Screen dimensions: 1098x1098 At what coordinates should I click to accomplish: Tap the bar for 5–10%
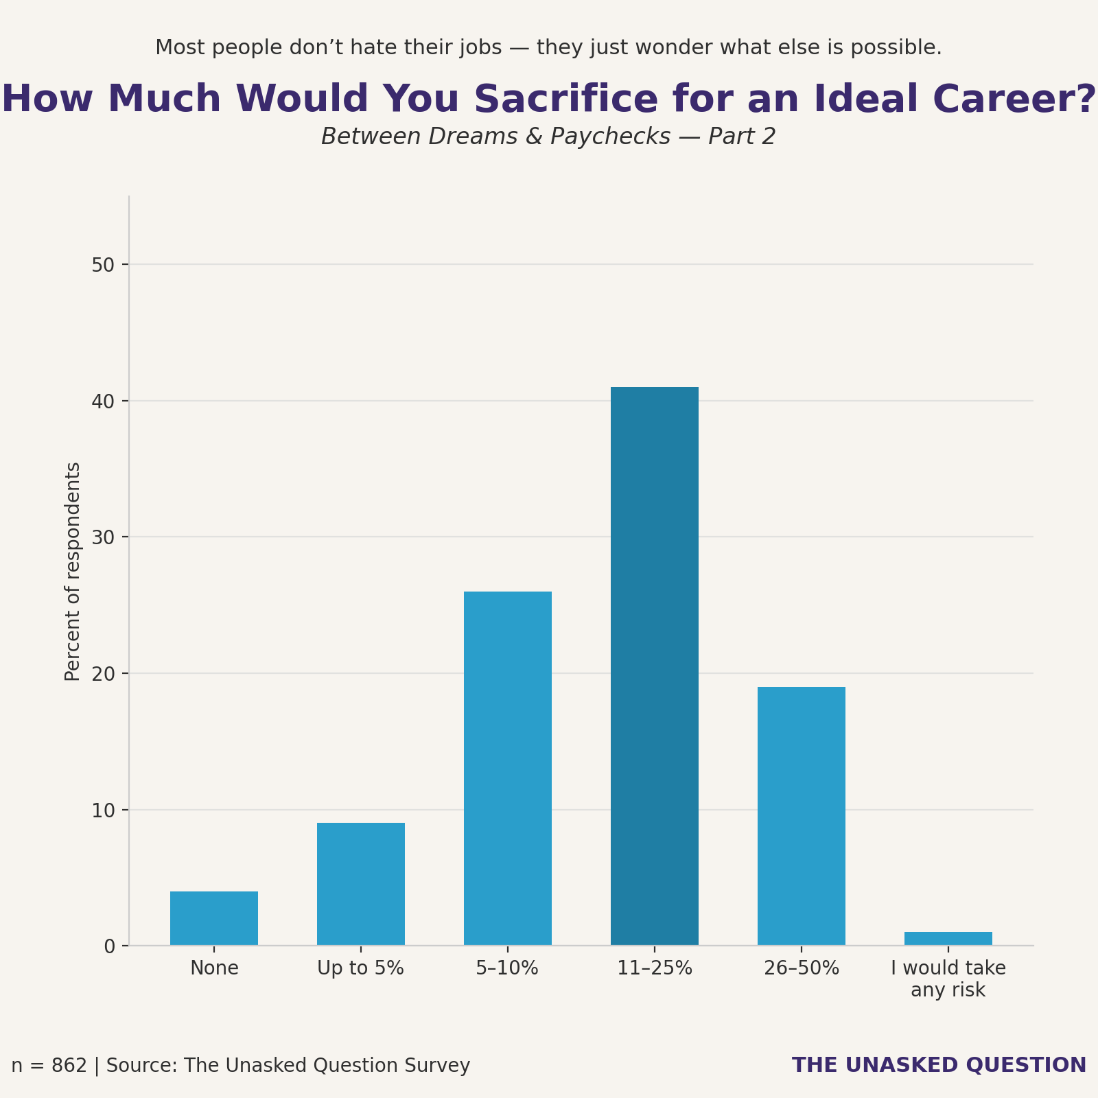pyautogui.click(x=508, y=769)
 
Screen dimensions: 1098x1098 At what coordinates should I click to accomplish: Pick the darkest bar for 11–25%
pyautogui.click(x=655, y=666)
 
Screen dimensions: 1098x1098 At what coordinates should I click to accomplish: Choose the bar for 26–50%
pyautogui.click(x=802, y=817)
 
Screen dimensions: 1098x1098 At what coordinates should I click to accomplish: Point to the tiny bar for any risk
pyautogui.click(x=948, y=938)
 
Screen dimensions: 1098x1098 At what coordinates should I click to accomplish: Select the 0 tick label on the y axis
pyautogui.click(x=110, y=946)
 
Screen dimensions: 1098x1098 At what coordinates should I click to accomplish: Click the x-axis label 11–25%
pyautogui.click(x=655, y=968)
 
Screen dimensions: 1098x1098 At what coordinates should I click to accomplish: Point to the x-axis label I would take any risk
pyautogui.click(x=948, y=979)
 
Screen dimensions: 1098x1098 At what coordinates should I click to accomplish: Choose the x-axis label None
pyautogui.click(x=214, y=968)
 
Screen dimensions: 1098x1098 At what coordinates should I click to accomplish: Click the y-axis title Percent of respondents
pyautogui.click(x=73, y=571)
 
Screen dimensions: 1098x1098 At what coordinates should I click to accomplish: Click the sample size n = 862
pyautogui.click(x=49, y=1066)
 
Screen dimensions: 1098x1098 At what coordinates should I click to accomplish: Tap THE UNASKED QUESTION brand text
pyautogui.click(x=939, y=1065)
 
